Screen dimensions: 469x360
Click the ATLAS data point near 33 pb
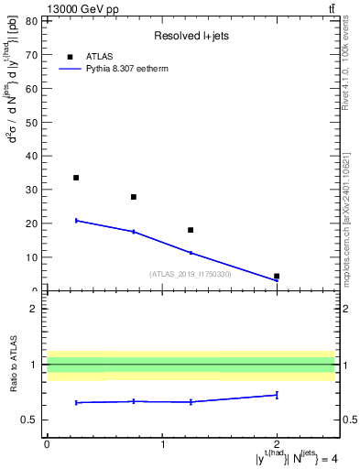pyautogui.click(x=76, y=178)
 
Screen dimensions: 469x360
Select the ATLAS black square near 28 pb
pyautogui.click(x=134, y=197)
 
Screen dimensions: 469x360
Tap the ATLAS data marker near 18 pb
pyautogui.click(x=191, y=230)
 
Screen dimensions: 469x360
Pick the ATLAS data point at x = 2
pyautogui.click(x=277, y=276)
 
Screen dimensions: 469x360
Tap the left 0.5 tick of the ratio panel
pyautogui.click(x=30, y=420)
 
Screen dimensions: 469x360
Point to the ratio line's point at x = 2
pyautogui.click(x=277, y=395)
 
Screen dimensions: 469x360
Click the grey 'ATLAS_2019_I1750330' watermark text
pyautogui.click(x=191, y=274)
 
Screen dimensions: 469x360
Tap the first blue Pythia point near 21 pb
pyautogui.click(x=76, y=221)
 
